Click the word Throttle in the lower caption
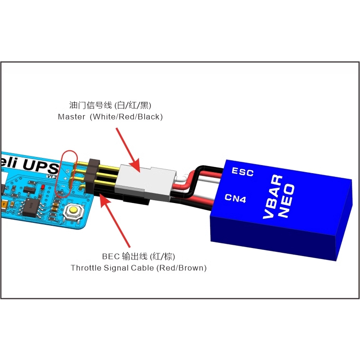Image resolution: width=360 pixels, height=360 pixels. (x=86, y=268)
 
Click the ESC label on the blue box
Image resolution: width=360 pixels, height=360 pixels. (x=242, y=172)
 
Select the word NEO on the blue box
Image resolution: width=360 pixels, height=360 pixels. (x=286, y=201)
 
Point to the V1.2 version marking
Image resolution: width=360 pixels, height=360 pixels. (x=51, y=176)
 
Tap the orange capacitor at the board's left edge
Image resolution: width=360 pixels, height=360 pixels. (x=3, y=205)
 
